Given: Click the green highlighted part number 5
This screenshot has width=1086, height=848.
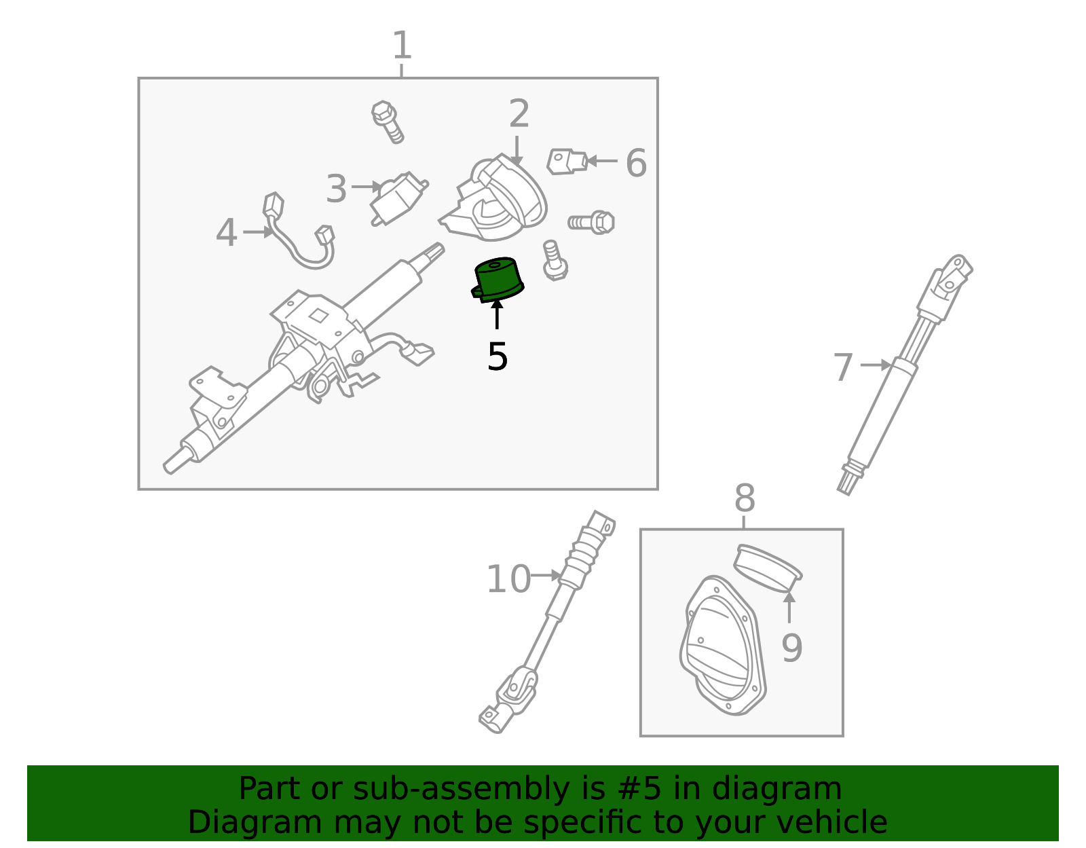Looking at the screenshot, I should click(x=498, y=279).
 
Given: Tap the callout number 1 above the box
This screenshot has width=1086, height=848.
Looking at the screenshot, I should click(x=402, y=45).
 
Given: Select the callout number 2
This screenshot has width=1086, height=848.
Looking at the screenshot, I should click(x=519, y=113).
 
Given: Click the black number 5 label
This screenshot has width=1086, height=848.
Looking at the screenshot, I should click(x=498, y=356).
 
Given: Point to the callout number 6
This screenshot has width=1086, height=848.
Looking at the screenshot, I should click(x=636, y=164).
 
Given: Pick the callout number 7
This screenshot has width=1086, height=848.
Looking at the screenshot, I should click(x=843, y=367).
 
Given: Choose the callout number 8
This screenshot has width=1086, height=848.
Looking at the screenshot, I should click(x=745, y=499).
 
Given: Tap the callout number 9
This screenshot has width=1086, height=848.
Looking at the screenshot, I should click(x=791, y=648).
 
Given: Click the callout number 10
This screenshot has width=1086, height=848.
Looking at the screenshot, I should click(x=508, y=579).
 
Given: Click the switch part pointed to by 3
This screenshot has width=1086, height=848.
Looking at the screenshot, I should click(x=399, y=198).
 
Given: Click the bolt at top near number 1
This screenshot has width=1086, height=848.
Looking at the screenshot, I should click(x=388, y=122).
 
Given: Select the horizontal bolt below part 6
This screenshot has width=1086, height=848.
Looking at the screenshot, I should click(x=592, y=222).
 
